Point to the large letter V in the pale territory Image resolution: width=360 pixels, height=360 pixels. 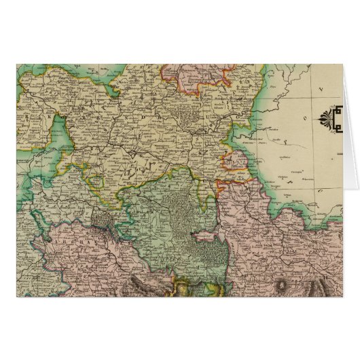pyautogui.click(x=320, y=88)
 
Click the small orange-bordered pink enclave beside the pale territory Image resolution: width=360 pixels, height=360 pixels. pyautogui.click(x=235, y=163)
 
